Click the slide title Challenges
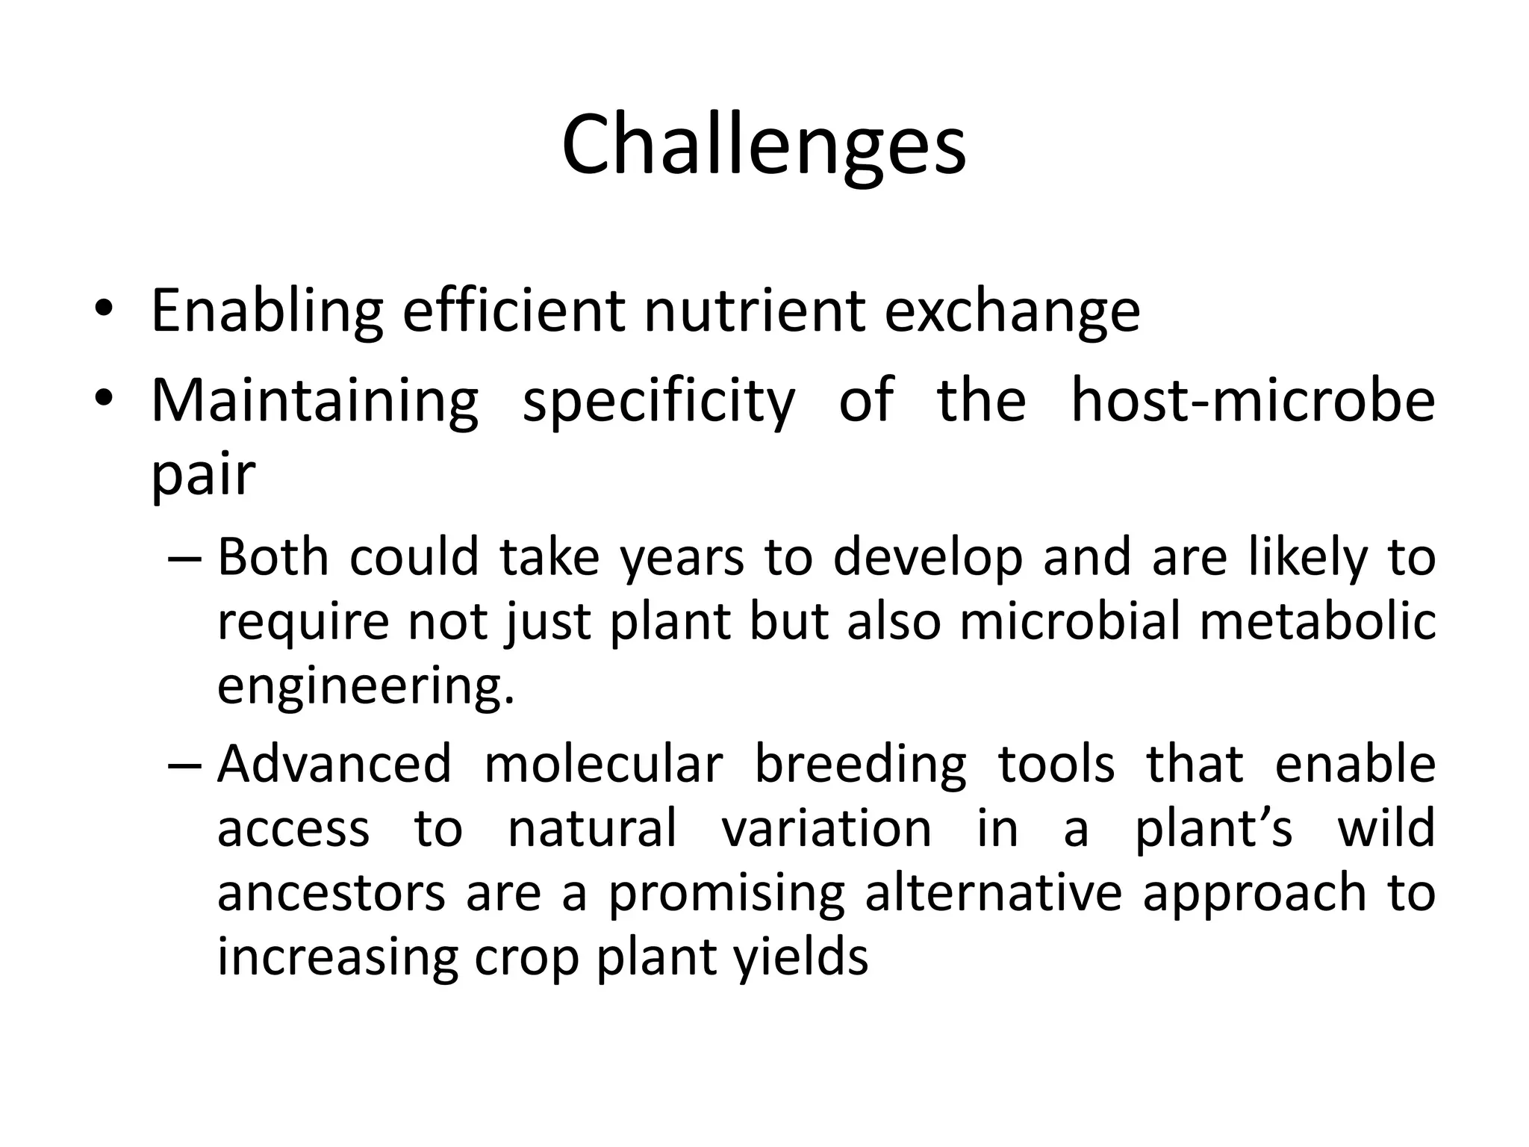(764, 145)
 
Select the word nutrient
(754, 311)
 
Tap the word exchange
(1012, 311)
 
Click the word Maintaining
(314, 400)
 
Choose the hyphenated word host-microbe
(1252, 400)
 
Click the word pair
(203, 475)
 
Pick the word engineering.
(365, 687)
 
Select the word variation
(826, 828)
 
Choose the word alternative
(993, 893)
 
